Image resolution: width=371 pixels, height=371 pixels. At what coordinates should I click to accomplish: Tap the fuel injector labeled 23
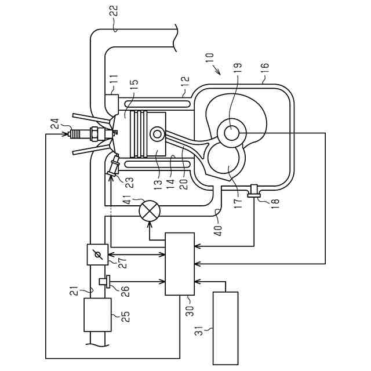point(113,166)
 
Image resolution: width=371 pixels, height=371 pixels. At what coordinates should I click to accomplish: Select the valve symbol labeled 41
point(150,211)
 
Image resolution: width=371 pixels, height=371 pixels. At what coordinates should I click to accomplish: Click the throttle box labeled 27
point(97,254)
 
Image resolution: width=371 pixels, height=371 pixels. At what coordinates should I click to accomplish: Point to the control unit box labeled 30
point(180,264)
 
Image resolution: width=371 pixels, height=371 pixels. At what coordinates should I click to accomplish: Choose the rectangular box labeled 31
point(225,328)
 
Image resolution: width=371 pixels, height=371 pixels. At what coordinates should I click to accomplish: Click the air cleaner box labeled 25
point(97,315)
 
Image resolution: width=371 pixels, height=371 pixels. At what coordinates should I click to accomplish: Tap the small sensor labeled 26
point(104,282)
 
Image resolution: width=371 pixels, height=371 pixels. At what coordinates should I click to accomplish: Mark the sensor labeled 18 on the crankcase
point(253,191)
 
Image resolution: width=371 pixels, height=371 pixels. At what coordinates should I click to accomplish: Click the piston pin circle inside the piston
point(157,134)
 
